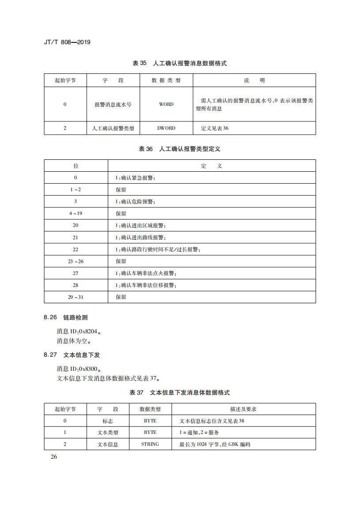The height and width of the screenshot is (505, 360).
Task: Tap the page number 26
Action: tap(53, 456)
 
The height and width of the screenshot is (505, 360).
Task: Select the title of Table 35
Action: tap(180, 64)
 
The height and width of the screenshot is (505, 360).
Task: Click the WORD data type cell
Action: tap(166, 104)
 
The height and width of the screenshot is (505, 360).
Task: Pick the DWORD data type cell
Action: tap(166, 128)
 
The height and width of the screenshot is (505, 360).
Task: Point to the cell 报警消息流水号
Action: tap(113, 104)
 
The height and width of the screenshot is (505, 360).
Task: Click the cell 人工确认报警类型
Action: tap(113, 128)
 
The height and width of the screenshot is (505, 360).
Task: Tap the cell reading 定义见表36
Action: tap(215, 128)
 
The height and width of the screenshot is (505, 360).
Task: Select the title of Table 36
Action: tap(180, 149)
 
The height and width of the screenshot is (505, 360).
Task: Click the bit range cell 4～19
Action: tap(76, 213)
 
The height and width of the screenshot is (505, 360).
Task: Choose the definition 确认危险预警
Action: tap(135, 201)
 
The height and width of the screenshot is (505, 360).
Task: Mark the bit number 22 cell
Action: tap(76, 249)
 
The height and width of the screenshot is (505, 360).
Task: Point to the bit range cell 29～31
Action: tap(76, 297)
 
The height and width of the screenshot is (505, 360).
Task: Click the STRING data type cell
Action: tap(150, 444)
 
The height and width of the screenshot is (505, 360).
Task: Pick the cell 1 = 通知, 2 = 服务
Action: tap(199, 432)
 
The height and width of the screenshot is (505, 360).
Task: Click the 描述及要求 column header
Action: tap(243, 409)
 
